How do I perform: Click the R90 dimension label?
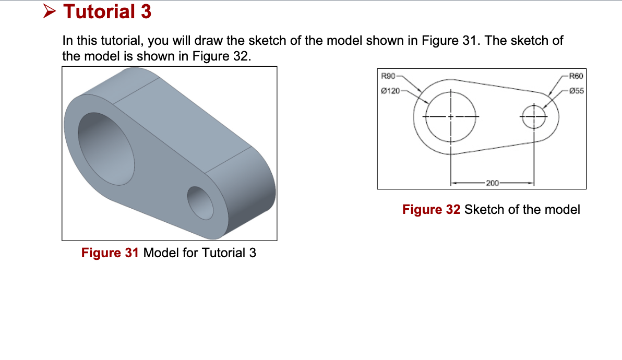click(388, 77)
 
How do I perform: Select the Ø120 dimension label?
click(390, 91)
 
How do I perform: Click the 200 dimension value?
click(493, 183)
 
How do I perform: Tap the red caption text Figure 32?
click(431, 210)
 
